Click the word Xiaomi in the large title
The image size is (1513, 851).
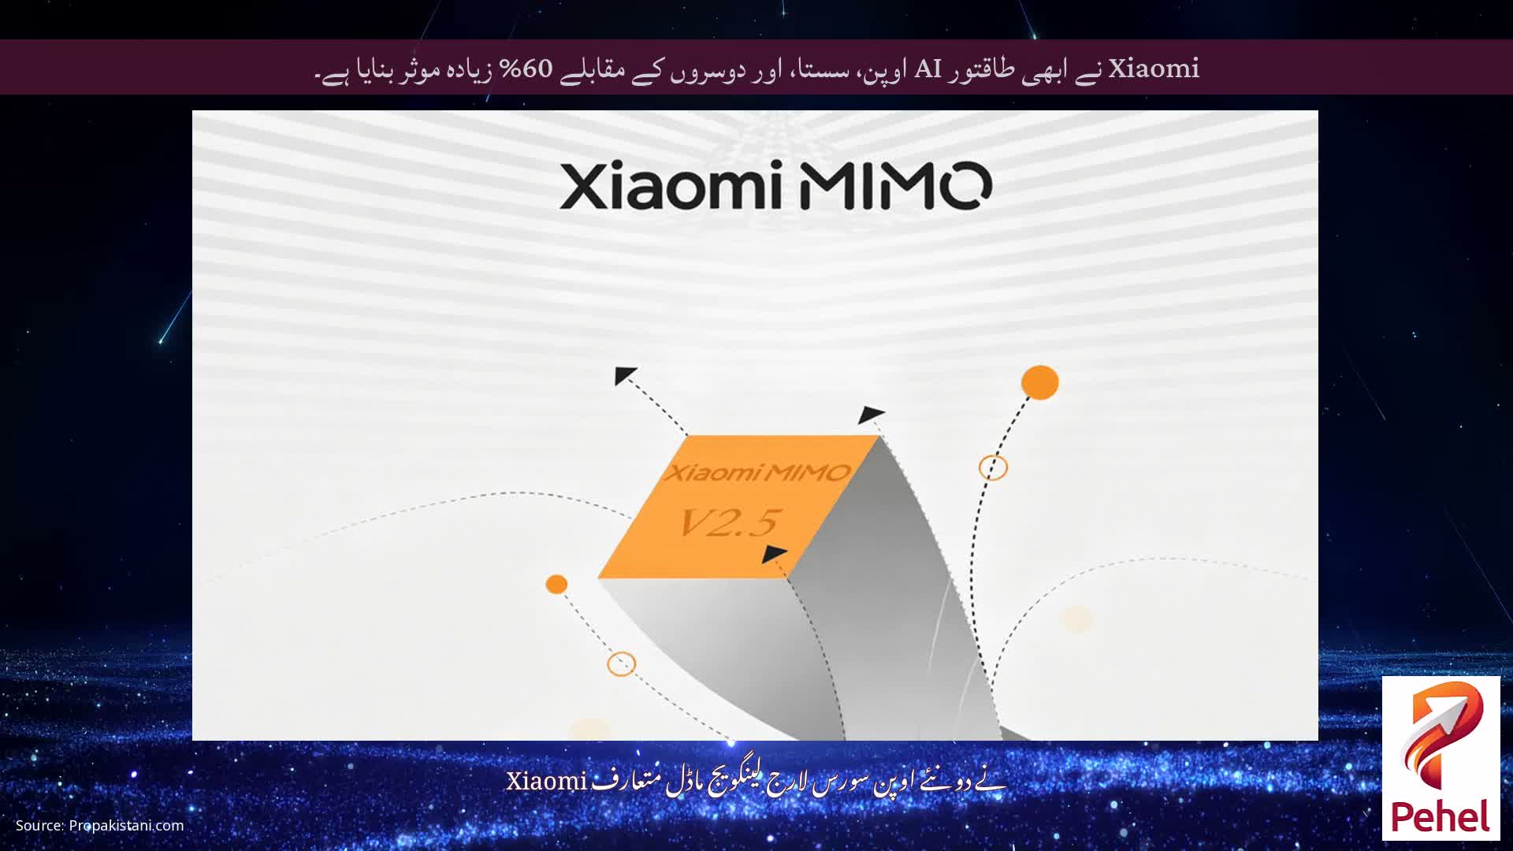(x=671, y=186)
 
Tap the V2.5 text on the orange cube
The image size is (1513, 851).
(x=730, y=522)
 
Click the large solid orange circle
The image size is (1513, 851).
(x=1039, y=382)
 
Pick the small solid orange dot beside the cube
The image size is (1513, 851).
(x=556, y=584)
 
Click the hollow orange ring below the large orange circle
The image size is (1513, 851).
(x=993, y=467)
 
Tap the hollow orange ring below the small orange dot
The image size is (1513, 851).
(x=621, y=663)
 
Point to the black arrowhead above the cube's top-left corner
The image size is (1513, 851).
(x=625, y=375)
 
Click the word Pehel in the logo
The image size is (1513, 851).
(x=1441, y=817)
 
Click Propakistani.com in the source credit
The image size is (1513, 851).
(x=126, y=826)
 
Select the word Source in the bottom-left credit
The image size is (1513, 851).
(x=39, y=826)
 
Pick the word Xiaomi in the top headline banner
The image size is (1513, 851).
(x=1154, y=69)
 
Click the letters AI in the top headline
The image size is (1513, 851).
(x=928, y=69)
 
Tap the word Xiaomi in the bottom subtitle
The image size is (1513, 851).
(x=546, y=782)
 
